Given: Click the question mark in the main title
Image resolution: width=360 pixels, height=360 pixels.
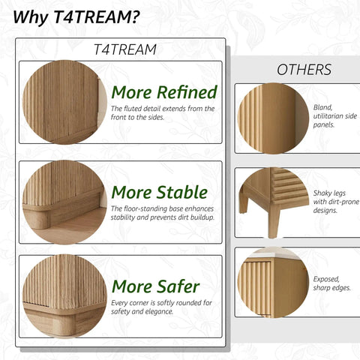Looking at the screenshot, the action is (135, 17).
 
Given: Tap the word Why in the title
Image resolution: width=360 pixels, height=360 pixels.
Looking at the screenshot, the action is (31, 17).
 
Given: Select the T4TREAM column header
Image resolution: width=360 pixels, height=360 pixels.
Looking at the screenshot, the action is (125, 49).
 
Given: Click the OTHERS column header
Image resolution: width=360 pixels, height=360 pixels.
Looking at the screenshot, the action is (304, 70).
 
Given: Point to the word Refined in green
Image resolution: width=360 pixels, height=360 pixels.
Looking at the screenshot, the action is (187, 92).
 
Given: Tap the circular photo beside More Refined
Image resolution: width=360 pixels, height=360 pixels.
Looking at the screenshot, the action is (64, 102).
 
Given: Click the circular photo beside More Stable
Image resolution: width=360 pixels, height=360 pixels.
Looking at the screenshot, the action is (64, 202).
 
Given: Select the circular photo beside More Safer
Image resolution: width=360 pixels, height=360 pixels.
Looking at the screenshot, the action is (64, 296).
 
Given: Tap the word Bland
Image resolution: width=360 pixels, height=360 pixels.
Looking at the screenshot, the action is (323, 108).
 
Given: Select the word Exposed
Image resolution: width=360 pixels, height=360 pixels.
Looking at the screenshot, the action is (326, 280).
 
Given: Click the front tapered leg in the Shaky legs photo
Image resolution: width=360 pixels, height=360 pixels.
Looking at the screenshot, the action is (274, 221).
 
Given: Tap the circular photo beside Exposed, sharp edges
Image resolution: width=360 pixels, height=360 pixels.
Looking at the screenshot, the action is (273, 283).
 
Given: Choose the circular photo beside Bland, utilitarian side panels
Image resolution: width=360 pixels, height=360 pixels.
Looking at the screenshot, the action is (273, 118).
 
